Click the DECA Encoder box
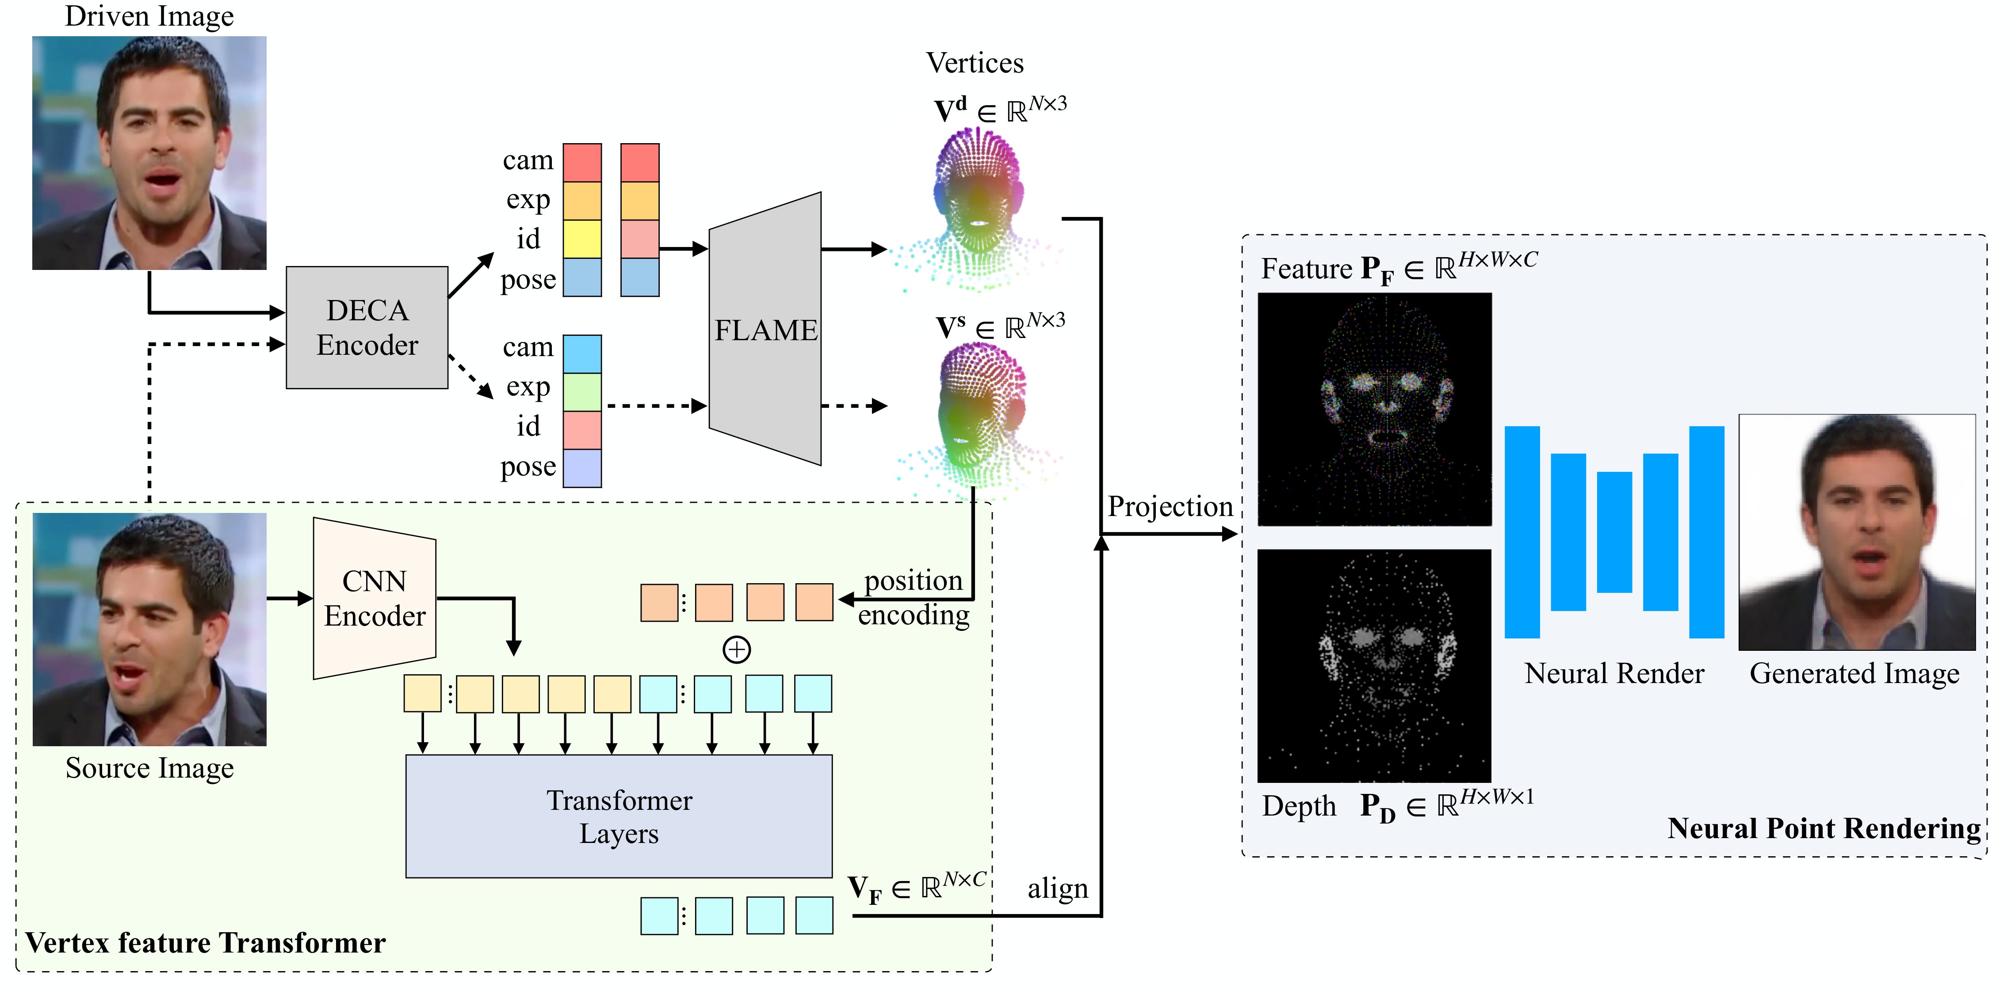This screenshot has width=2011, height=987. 367,328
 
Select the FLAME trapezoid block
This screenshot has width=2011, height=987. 765,329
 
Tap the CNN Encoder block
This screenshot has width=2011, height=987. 375,599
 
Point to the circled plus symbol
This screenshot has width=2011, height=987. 736,649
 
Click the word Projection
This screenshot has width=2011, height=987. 1170,506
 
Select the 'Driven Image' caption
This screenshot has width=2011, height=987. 149,16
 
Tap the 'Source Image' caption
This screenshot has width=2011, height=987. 149,768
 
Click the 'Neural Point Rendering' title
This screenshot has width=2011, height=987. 1824,828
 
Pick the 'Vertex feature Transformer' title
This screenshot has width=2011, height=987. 205,942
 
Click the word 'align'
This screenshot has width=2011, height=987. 1057,888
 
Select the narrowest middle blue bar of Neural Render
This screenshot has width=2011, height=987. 1613,532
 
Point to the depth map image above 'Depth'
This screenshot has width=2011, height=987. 1374,665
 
